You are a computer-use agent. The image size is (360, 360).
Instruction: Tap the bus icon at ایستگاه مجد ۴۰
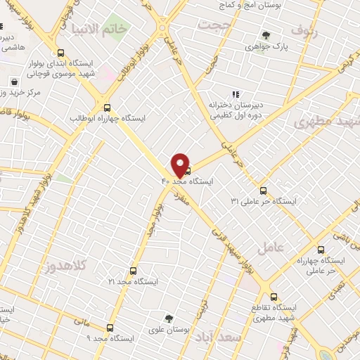coord(186,169)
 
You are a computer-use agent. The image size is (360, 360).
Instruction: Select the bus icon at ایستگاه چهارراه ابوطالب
coord(107,108)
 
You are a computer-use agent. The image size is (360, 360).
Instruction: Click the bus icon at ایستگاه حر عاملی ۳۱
coord(264,190)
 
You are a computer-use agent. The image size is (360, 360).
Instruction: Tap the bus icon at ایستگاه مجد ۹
coord(109,328)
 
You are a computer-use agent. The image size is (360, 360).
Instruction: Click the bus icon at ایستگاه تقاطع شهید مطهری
coord(274,297)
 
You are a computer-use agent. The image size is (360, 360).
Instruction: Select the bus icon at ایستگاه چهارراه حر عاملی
coord(321,249)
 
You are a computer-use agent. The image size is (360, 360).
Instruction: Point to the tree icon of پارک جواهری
coord(265,35)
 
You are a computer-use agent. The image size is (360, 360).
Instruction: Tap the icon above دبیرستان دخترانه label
coord(236,94)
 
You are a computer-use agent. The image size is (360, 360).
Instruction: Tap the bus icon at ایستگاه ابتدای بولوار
coord(61,53)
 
